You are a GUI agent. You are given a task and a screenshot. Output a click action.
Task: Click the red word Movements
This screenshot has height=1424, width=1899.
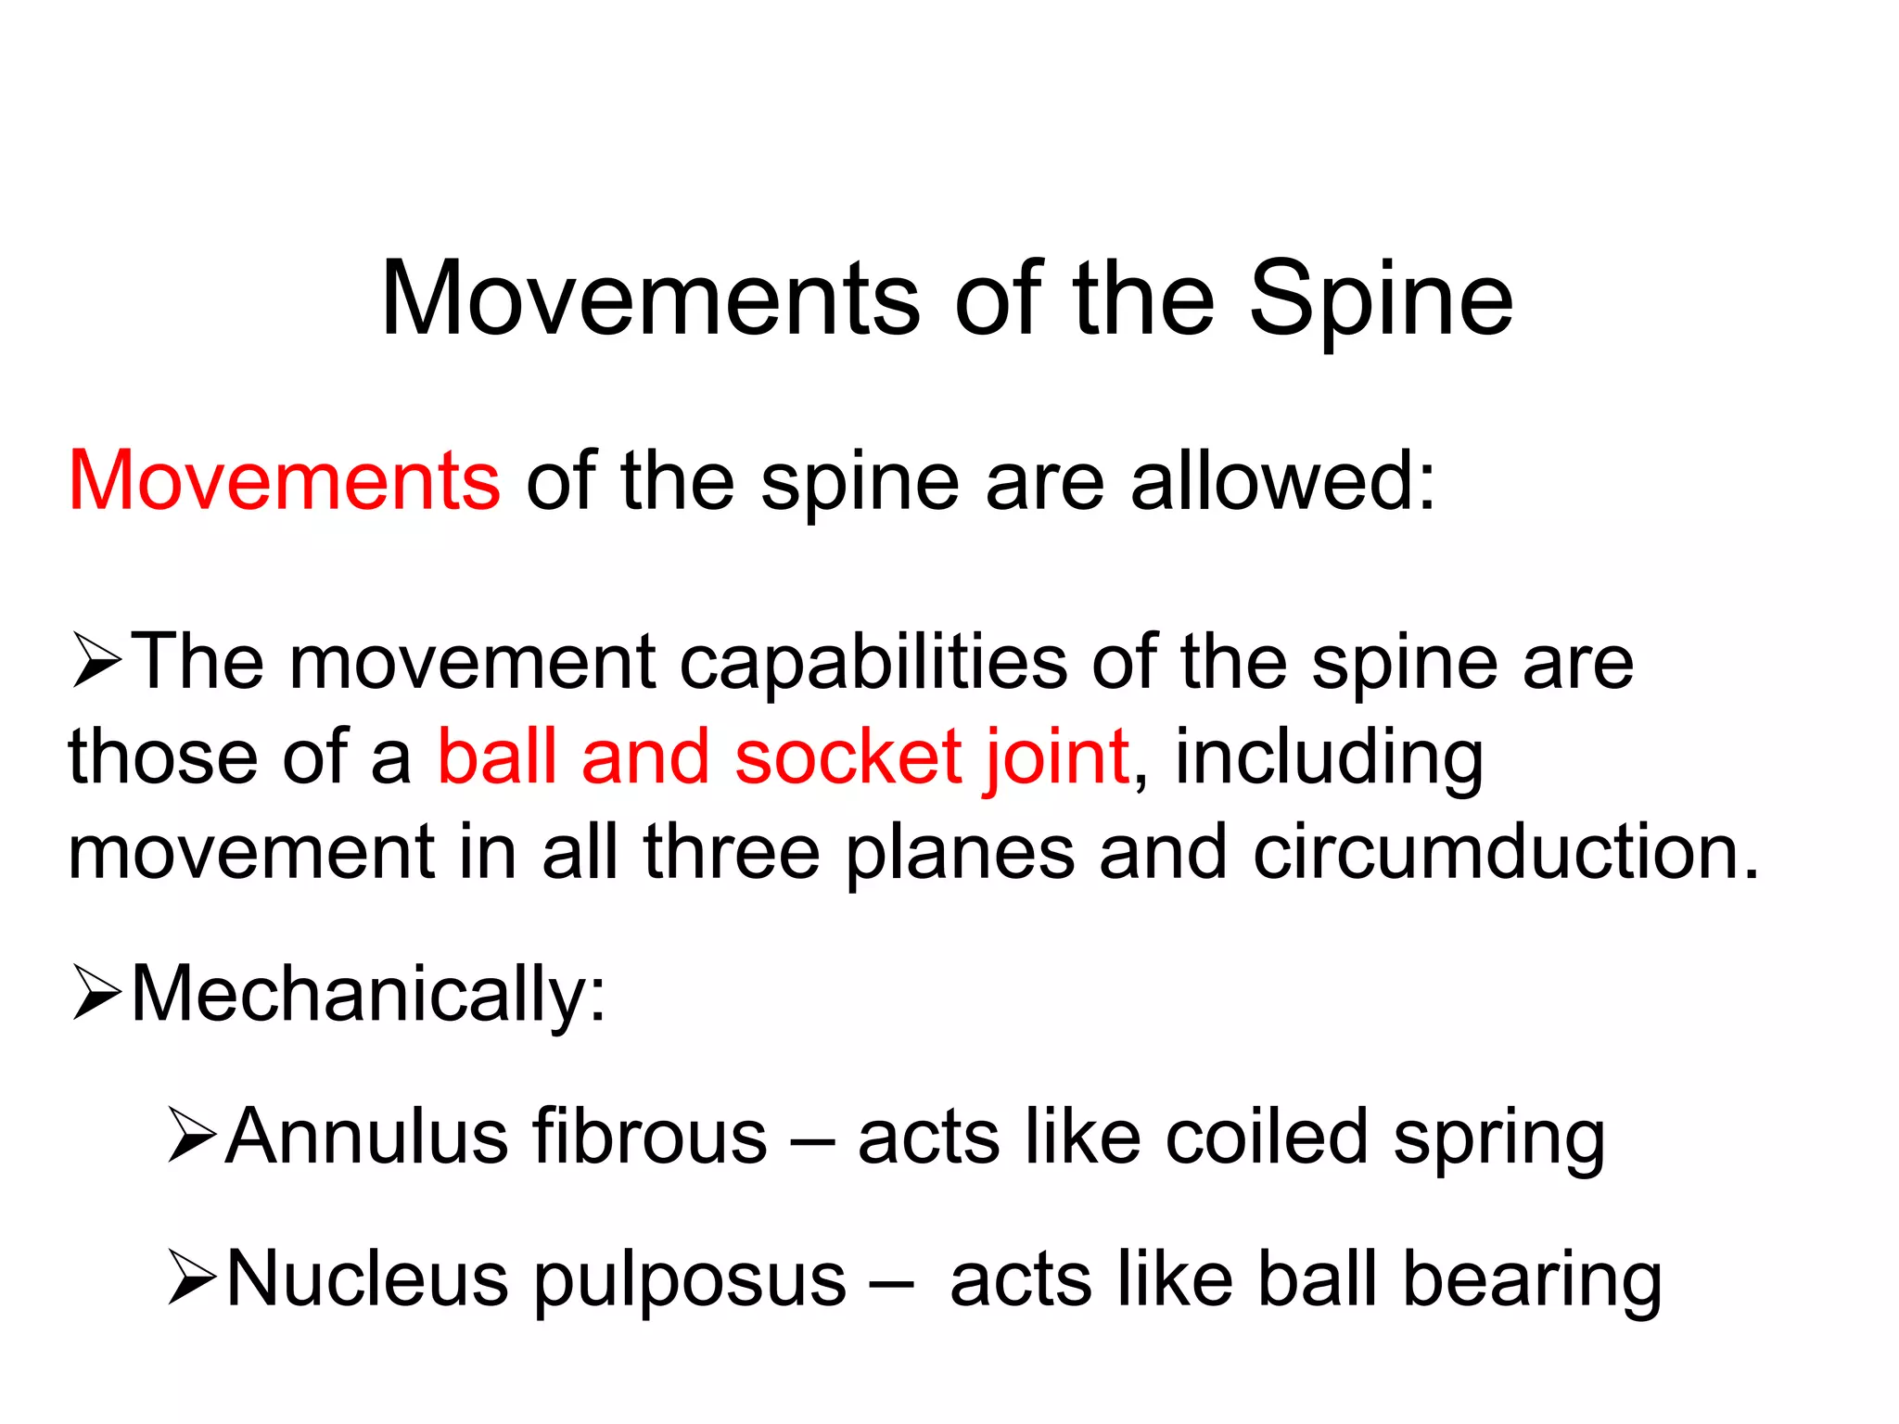pyautogui.click(x=284, y=480)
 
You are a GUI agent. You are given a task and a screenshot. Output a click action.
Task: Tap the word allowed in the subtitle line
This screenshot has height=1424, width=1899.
pyautogui.click(x=1282, y=480)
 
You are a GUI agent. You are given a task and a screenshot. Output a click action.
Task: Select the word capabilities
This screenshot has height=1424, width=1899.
pyautogui.click(x=873, y=664)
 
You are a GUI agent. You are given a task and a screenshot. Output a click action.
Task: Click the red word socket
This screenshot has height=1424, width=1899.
pyautogui.click(x=848, y=756)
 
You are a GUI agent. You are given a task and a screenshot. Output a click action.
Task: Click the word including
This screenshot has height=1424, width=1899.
pyautogui.click(x=1329, y=758)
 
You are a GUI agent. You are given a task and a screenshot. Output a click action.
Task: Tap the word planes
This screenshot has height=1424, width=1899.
pyautogui.click(x=960, y=853)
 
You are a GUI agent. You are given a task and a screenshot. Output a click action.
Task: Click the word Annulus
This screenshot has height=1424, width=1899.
pyautogui.click(x=365, y=1137)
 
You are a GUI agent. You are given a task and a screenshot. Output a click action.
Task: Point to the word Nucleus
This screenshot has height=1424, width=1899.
pyautogui.click(x=367, y=1279)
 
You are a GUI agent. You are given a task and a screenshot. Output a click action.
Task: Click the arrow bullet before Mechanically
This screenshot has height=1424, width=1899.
pyautogui.click(x=96, y=994)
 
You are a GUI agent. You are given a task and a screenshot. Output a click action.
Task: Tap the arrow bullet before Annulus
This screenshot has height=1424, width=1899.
pyautogui.click(x=192, y=1136)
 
